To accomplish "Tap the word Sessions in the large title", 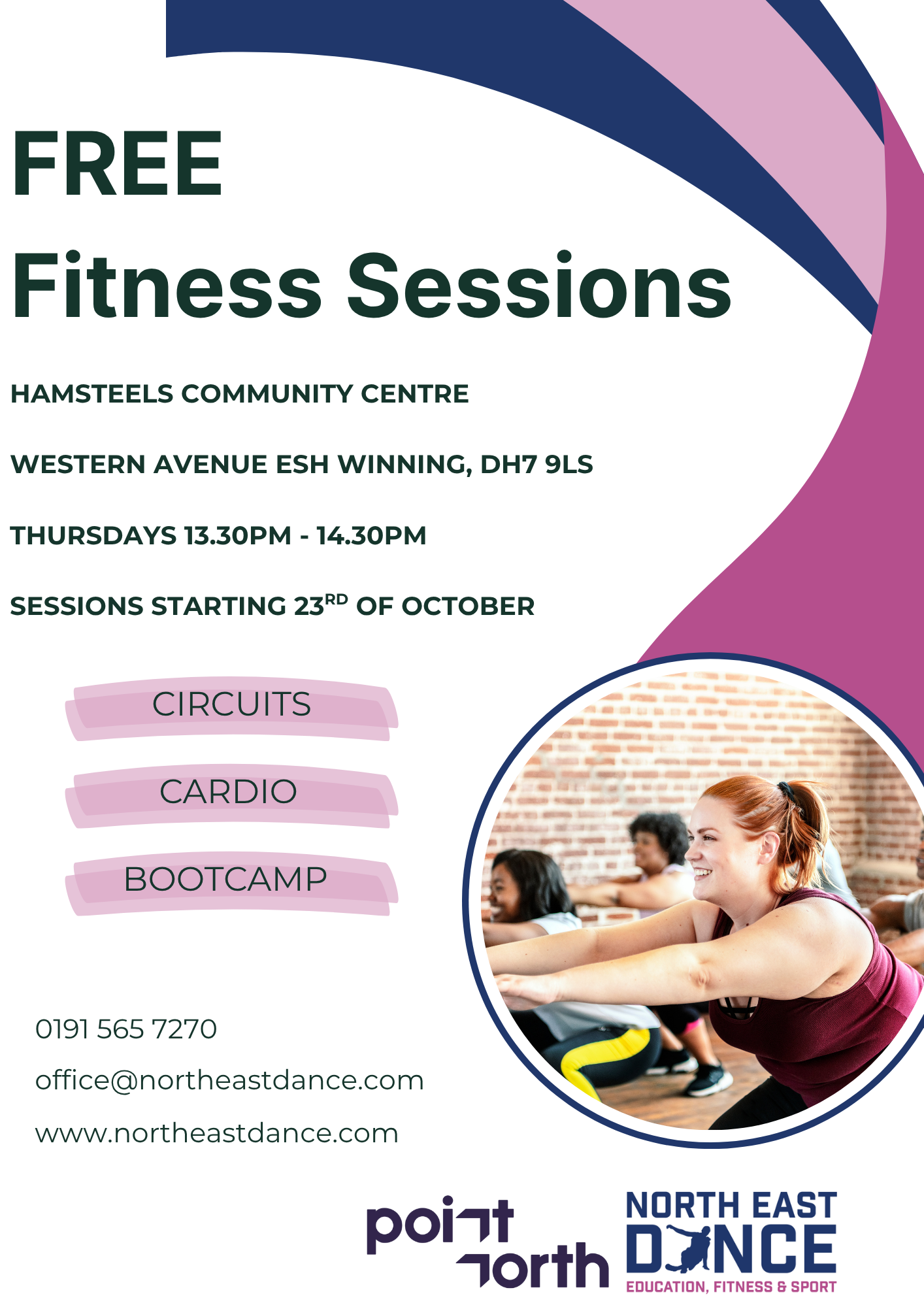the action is (x=539, y=286).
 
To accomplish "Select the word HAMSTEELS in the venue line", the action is (x=92, y=394).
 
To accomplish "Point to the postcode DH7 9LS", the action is (x=536, y=465).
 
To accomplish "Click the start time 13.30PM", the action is (x=238, y=536).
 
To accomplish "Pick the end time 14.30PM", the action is (x=372, y=536).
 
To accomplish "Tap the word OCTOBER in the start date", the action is (x=468, y=606).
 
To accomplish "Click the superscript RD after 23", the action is (x=336, y=599).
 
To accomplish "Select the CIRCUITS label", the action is (x=231, y=704).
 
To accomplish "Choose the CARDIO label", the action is (x=228, y=792).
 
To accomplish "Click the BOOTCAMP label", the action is (x=225, y=880).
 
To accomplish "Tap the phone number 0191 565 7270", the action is (x=126, y=1029).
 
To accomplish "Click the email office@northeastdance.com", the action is (x=229, y=1082).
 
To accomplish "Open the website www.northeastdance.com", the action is (x=217, y=1134).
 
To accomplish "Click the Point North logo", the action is (x=487, y=1242).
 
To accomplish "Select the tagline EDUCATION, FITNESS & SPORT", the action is (x=731, y=1287).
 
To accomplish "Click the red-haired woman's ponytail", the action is (x=801, y=817).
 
